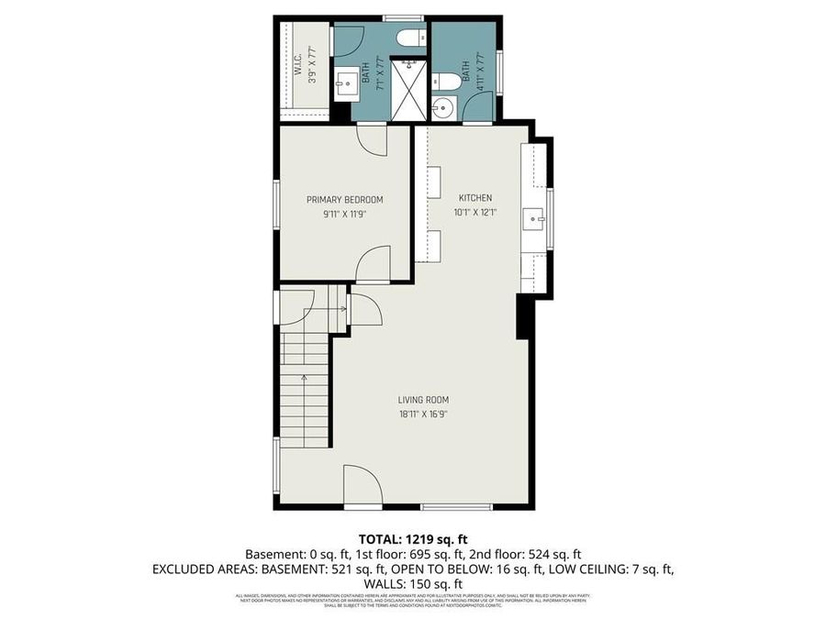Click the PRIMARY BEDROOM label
pos(344,200)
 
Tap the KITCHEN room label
pos(475,198)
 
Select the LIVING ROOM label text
pos(423,400)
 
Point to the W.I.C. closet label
pos(298,68)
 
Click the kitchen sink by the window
pos(533,219)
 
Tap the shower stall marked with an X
pos(408,90)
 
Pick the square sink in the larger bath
pos(347,84)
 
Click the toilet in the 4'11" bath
pos(443,80)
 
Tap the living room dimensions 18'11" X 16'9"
pos(423,414)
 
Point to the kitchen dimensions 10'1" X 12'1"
pos(475,213)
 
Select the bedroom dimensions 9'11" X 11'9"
pos(344,215)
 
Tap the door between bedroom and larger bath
pos(371,139)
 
